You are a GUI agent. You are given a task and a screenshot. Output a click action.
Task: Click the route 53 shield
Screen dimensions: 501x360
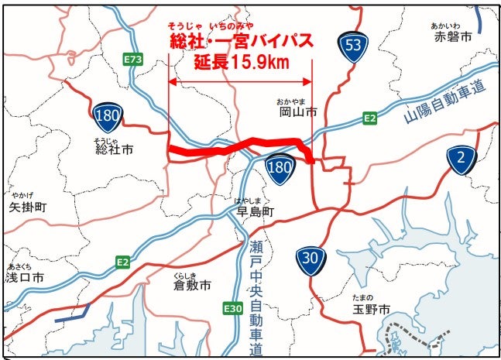[x=353, y=46]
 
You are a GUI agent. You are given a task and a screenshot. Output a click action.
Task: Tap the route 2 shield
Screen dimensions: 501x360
[x=462, y=159]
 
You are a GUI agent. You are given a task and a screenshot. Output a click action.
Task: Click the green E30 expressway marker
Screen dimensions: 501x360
[x=232, y=308]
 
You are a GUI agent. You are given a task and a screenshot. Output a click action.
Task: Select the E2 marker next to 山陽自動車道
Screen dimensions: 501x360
[x=370, y=118]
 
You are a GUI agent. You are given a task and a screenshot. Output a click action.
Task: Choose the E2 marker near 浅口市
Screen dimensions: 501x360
[x=122, y=262]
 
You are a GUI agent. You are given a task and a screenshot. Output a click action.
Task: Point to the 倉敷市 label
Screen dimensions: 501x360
[x=192, y=286]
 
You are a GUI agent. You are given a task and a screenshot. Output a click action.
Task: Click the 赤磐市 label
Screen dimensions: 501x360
[x=452, y=36]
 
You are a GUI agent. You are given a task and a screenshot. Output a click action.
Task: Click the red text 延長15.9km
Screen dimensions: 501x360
[x=241, y=61]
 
